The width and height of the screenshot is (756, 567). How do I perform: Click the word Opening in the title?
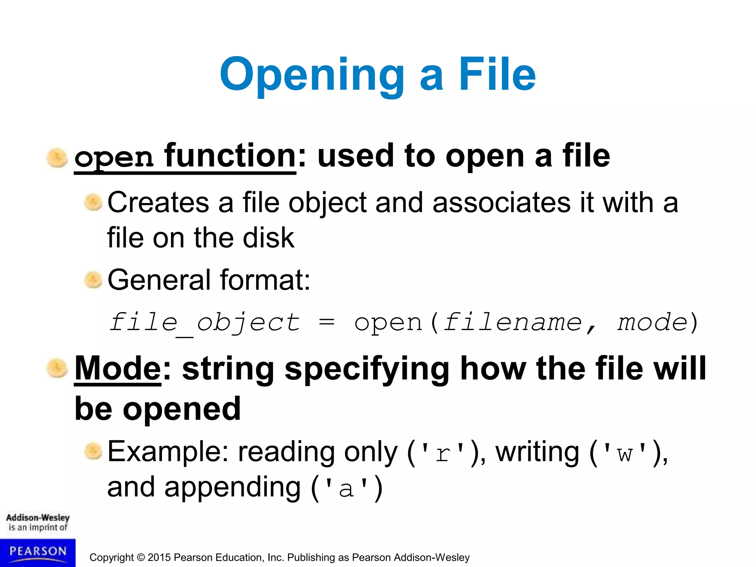tap(312, 75)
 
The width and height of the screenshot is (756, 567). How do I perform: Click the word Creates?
tap(158, 203)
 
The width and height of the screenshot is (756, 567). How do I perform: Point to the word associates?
tap(501, 203)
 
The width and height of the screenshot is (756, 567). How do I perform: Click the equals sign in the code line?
tap(327, 323)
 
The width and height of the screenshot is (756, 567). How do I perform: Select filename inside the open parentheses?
tap(512, 323)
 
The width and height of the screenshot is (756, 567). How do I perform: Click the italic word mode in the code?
tap(652, 323)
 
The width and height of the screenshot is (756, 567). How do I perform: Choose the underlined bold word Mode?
tap(118, 368)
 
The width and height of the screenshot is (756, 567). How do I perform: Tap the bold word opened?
tap(182, 409)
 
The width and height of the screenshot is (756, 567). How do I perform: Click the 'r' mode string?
tap(443, 453)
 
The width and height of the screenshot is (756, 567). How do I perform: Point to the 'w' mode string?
tap(625, 453)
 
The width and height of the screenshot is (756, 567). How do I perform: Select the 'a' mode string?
tap(346, 488)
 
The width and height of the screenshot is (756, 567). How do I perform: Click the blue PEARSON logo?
tap(38, 552)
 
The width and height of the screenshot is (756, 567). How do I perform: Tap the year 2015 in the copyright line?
tap(159, 557)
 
